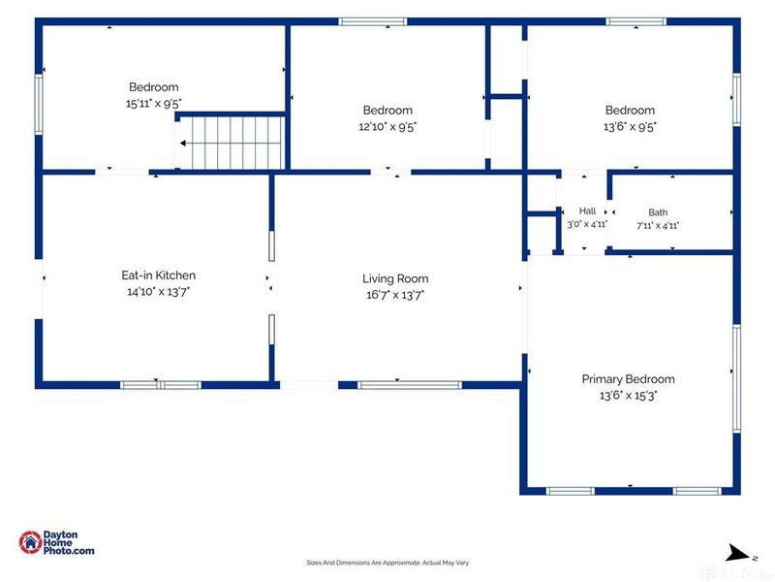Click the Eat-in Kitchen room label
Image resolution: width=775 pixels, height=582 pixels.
click(x=159, y=275)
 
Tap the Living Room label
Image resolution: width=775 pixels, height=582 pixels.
click(x=395, y=278)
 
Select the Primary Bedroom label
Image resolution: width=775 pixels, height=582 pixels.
click(x=628, y=379)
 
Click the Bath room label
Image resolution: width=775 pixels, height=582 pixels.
click(x=658, y=212)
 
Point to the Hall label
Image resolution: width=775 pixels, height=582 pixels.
click(x=587, y=210)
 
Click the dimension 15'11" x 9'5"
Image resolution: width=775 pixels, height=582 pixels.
click(x=154, y=104)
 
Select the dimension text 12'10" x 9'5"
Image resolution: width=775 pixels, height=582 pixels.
click(x=387, y=127)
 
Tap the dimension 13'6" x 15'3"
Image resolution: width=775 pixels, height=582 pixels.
click(x=628, y=396)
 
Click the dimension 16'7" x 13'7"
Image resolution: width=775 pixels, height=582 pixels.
click(x=395, y=295)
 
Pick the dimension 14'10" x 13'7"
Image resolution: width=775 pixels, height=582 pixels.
click(x=159, y=292)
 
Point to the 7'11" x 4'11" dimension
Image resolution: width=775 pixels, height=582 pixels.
click(x=658, y=226)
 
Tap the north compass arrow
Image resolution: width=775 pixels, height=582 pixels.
click(x=738, y=553)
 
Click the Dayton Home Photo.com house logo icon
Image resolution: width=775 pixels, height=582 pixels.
click(x=30, y=542)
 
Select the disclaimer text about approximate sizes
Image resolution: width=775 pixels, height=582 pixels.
click(x=387, y=563)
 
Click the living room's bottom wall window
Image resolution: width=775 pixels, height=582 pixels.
click(x=410, y=385)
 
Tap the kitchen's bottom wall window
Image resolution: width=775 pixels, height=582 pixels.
click(x=161, y=385)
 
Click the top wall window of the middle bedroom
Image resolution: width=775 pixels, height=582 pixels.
click(x=373, y=21)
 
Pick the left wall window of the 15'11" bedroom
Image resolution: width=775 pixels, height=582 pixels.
click(x=39, y=104)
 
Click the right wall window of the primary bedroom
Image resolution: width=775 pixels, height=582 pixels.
click(x=736, y=378)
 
